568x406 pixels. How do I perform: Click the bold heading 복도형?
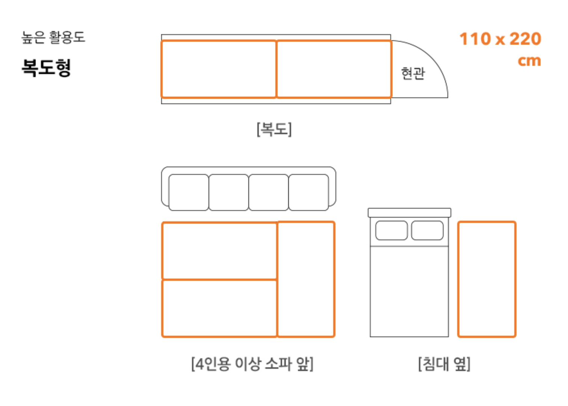point(46,68)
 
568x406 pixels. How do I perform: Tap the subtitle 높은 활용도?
point(53,37)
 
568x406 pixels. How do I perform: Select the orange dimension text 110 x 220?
point(500,39)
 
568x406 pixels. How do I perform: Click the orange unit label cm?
point(529,61)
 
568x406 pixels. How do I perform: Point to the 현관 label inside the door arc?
point(413,73)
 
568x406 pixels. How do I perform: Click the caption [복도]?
point(274,129)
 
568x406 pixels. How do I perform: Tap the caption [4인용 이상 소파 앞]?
point(252,364)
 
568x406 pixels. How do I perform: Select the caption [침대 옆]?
point(444,364)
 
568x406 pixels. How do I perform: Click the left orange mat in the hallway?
point(219,69)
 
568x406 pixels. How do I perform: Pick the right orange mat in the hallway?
point(334,69)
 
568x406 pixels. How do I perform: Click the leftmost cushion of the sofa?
point(189,192)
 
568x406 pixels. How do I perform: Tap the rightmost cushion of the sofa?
point(308,192)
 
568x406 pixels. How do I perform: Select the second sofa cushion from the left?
point(228,192)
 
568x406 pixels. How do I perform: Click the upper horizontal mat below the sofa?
point(219,251)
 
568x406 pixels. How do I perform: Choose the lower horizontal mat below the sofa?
point(219,308)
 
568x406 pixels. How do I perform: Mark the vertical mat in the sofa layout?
point(306,279)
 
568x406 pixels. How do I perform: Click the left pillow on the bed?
point(391,230)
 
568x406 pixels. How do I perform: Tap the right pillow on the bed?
point(427,230)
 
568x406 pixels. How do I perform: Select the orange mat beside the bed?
point(486,279)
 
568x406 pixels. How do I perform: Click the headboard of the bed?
point(409,213)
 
